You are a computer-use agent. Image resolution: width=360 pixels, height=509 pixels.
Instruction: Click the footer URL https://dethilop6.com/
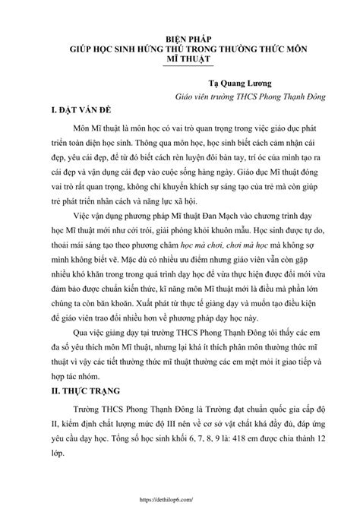point(180,499)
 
